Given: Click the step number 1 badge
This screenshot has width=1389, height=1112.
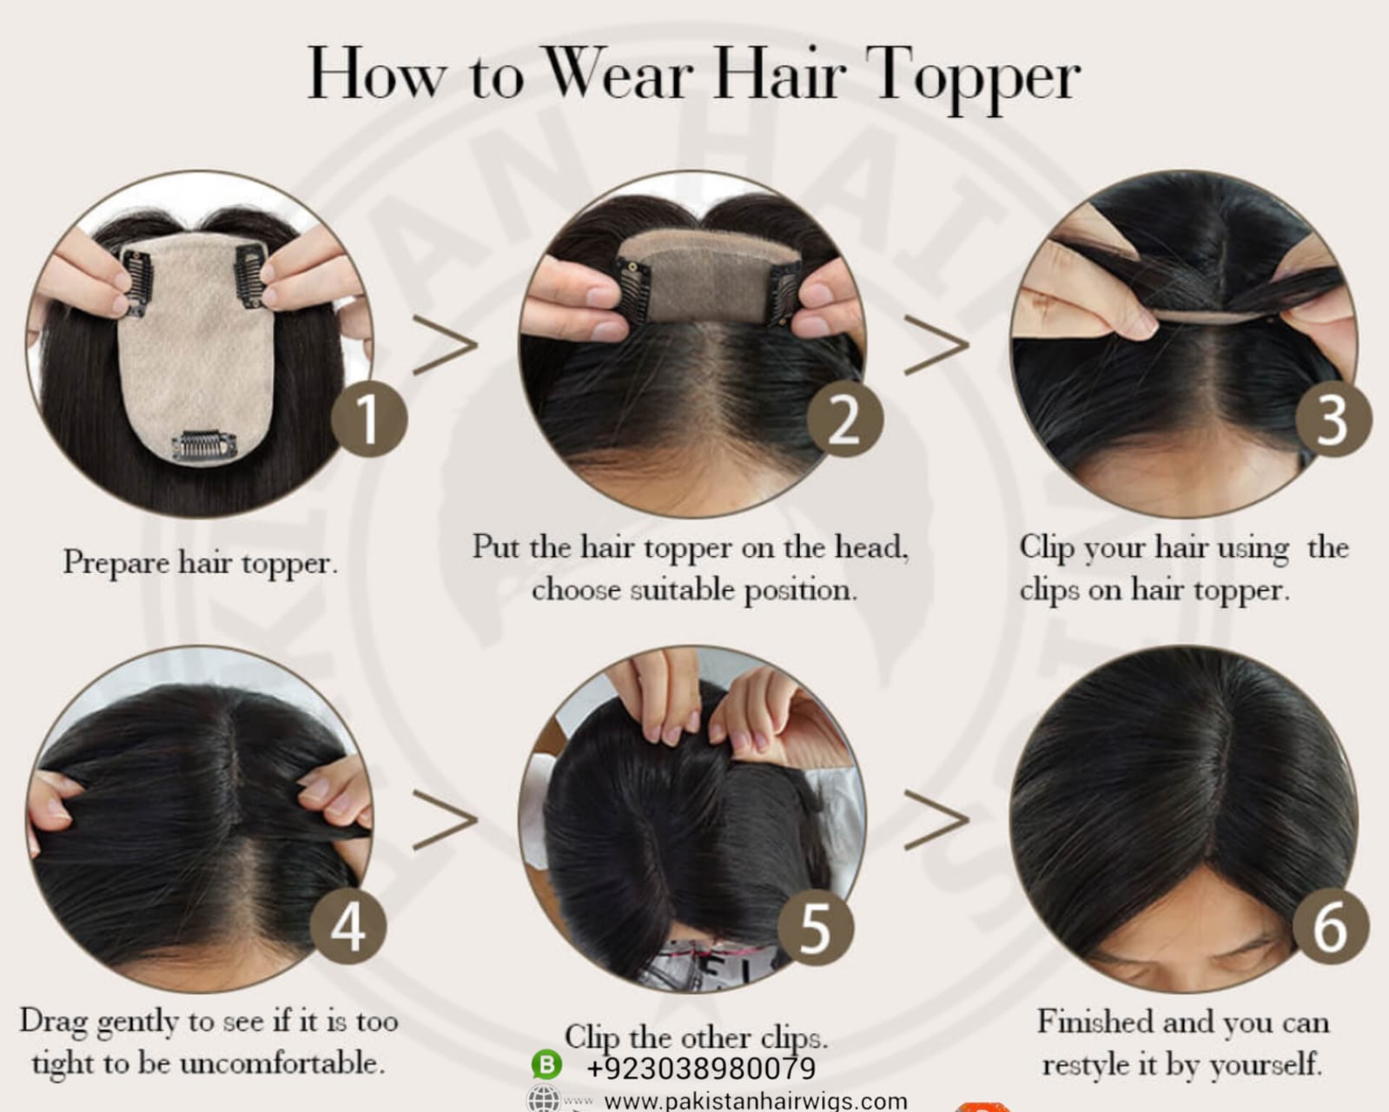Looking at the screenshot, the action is click(369, 419).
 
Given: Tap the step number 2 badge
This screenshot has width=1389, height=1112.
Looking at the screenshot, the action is click(845, 419).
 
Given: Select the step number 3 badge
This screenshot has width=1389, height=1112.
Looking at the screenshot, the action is click(1333, 419).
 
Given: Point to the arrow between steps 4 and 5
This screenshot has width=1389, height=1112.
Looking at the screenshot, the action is click(446, 820).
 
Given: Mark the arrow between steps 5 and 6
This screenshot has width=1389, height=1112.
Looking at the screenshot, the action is click(936, 820).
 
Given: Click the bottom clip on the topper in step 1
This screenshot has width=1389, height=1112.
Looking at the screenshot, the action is click(204, 447).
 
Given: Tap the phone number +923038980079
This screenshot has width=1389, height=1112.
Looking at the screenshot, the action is click(701, 1068).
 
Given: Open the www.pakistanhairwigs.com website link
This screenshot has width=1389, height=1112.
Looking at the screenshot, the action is click(756, 1101).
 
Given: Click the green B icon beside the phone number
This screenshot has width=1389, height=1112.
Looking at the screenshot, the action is click(546, 1065).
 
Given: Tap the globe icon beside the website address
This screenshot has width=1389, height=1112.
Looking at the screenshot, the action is click(544, 1100).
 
